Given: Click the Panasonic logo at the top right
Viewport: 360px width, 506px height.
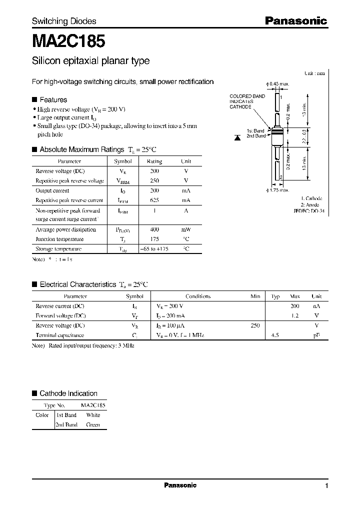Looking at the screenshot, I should (x=295, y=21).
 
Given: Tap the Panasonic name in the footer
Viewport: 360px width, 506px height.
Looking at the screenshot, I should (x=180, y=485).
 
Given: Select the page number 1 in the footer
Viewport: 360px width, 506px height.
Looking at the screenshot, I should (x=326, y=486).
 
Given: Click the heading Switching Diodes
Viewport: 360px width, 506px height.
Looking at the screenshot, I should (x=64, y=21).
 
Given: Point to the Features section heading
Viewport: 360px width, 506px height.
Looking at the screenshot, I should (x=53, y=99).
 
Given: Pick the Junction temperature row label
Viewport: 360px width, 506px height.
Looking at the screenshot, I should (x=59, y=239).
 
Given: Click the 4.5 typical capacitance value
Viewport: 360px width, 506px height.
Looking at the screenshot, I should (x=274, y=335).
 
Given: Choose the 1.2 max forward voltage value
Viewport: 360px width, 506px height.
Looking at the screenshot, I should (x=294, y=315).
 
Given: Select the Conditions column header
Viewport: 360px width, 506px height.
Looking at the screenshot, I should (x=197, y=296).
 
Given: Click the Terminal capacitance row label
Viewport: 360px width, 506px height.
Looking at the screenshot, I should (x=59, y=335).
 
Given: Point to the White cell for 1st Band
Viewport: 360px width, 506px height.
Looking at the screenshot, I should (x=93, y=415).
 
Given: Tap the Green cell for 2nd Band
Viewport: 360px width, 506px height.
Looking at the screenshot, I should (x=93, y=424).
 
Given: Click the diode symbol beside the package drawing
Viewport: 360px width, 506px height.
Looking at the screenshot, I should (x=239, y=136).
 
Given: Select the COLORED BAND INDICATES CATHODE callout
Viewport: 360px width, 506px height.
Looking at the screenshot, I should (x=247, y=101).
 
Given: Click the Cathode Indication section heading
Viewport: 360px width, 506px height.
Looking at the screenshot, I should (x=68, y=393).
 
